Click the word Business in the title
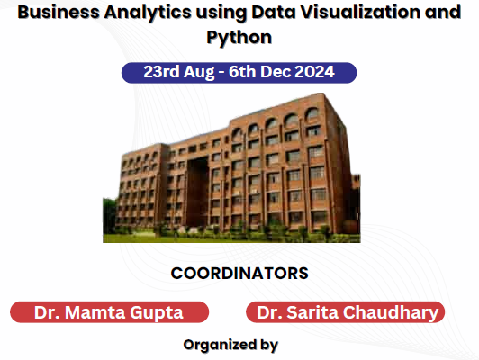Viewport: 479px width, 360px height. coord(59,13)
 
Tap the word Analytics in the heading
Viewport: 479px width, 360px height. coord(148,13)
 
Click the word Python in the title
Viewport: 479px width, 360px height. coord(239,38)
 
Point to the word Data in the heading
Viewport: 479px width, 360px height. coord(274,13)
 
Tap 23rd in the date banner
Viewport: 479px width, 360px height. coord(161,72)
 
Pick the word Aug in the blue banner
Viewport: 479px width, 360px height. coord(199,73)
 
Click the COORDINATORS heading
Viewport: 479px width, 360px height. coord(239,274)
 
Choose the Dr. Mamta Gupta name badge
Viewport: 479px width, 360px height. coord(109,312)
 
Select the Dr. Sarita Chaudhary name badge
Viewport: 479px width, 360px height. coord(345,312)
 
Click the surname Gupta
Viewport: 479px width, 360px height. coord(157,313)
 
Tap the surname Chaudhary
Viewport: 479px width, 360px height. coord(391,313)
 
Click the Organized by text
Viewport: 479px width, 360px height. coord(230,346)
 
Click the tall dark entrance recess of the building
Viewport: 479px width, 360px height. coord(197,193)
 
